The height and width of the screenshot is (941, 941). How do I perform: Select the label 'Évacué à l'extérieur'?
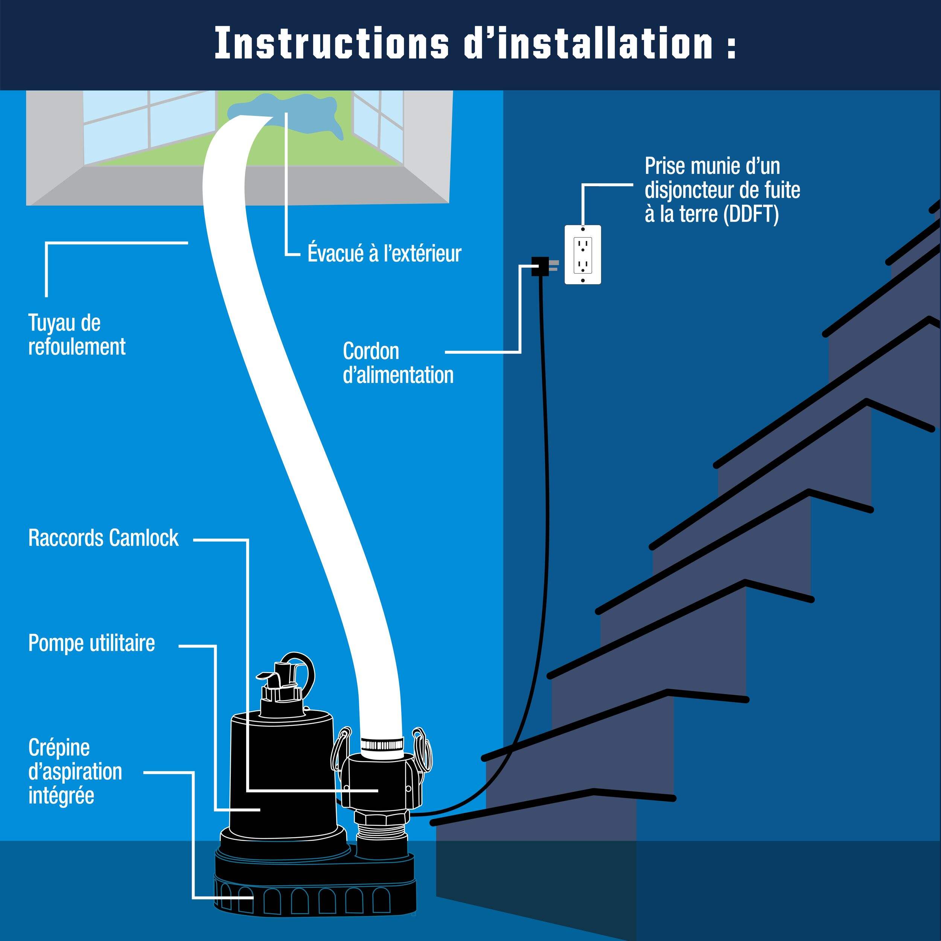coord(384,254)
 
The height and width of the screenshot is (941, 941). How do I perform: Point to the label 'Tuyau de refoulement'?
coord(76,335)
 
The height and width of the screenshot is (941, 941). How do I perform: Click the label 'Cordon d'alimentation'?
coord(398,363)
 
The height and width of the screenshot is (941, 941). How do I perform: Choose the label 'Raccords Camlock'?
coord(103,538)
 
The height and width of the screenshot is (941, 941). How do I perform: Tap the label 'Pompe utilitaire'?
coord(91,643)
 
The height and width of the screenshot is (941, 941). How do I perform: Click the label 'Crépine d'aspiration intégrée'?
coord(75,772)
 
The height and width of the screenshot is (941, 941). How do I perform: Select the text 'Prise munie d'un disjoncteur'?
coord(722,178)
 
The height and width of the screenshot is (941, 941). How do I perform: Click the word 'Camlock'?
coord(144,538)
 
